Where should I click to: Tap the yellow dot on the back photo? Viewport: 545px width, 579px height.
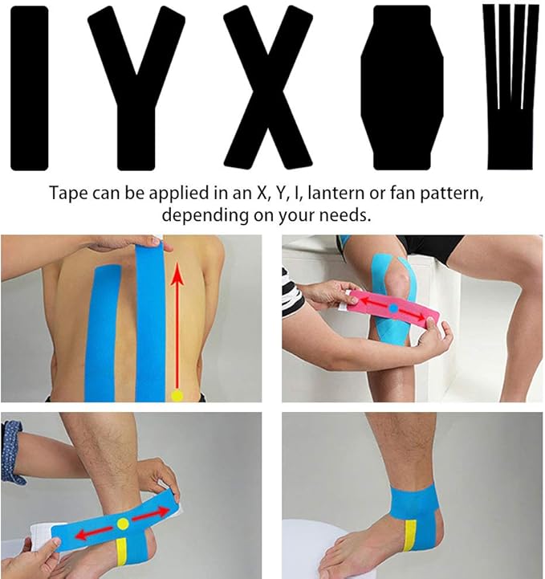177,394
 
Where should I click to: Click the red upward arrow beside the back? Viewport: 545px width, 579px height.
177,321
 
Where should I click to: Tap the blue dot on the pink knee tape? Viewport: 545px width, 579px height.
394,308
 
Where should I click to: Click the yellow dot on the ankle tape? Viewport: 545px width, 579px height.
123,524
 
